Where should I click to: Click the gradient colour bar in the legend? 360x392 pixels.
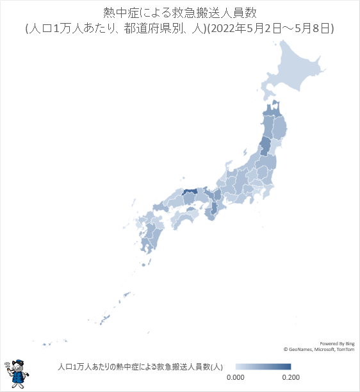pos(263,366)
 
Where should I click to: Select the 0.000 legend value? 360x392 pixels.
pos(236,377)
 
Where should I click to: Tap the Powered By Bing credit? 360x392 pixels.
pos(336,343)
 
